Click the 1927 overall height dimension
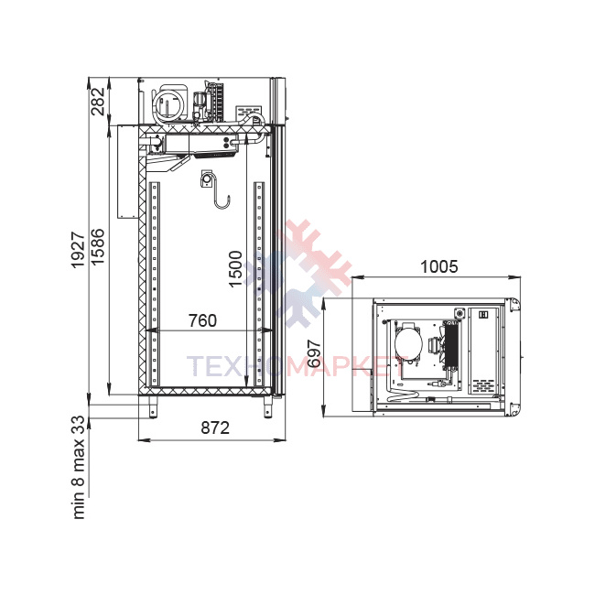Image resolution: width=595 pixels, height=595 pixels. tap(79, 250)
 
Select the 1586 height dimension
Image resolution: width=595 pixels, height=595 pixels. tap(98, 246)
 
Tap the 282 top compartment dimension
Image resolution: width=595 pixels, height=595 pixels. tap(98, 102)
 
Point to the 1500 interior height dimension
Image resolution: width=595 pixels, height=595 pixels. tap(235, 268)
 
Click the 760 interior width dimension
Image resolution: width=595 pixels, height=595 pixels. tap(202, 320)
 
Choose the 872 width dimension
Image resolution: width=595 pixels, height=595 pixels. tap(215, 427)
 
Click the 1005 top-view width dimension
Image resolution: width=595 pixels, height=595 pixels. tap(439, 266)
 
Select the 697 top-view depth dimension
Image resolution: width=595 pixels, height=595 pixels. tap(314, 354)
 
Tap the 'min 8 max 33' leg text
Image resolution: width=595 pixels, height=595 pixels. tap(79, 468)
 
